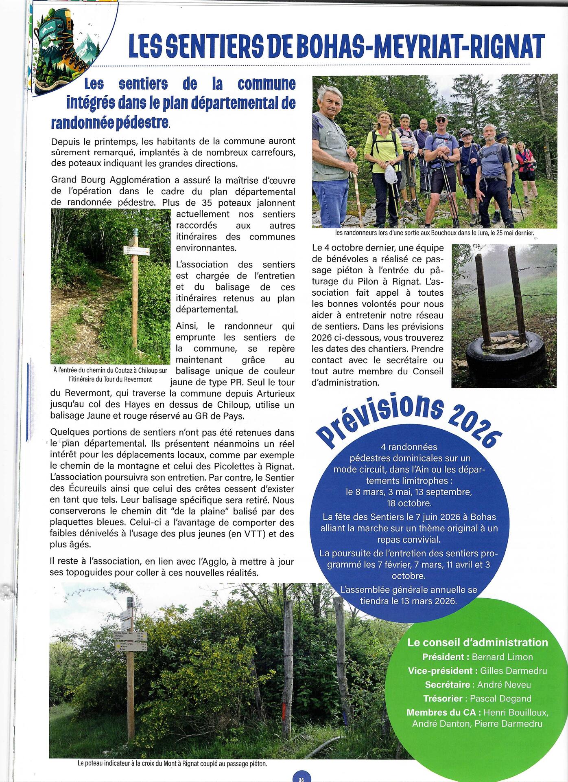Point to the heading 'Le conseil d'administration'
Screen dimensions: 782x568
tap(478, 642)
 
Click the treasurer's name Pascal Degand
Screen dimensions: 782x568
tap(500, 699)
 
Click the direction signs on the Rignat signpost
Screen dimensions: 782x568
tap(130, 636)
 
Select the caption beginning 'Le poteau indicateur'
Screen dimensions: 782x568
tap(172, 764)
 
